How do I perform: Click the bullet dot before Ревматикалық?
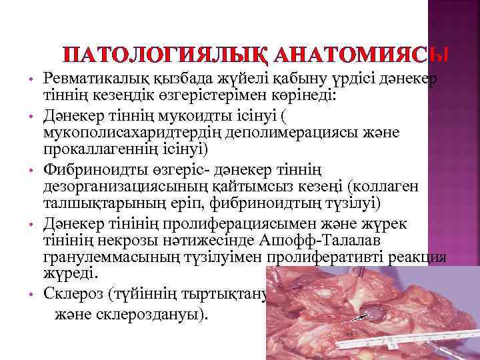(31, 80)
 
